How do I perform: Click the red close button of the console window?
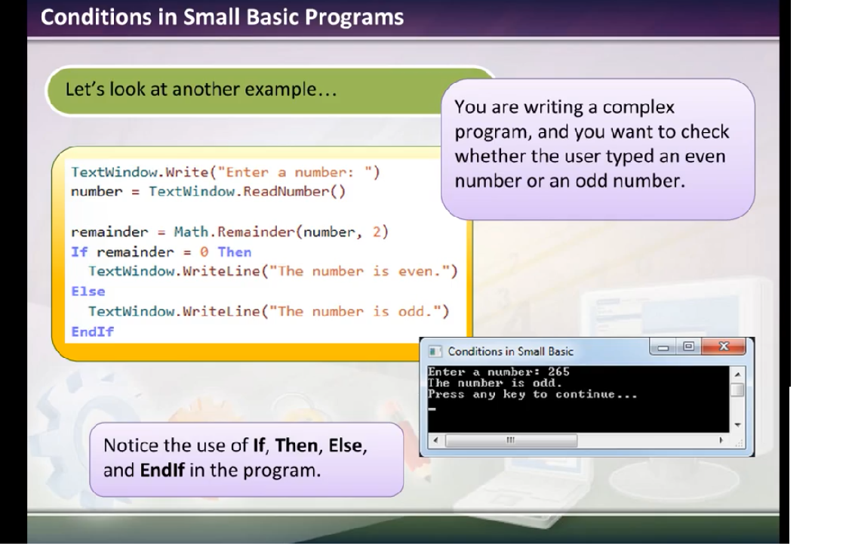click(724, 347)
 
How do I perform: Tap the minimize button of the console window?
click(663, 347)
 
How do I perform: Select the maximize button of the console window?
click(689, 347)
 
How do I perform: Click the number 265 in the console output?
click(558, 372)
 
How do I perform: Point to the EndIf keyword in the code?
click(93, 332)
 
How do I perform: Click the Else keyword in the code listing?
click(88, 291)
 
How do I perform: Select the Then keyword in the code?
click(235, 251)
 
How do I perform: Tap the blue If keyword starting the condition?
click(79, 251)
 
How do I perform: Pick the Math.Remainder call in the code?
click(235, 232)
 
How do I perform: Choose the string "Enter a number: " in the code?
click(294, 172)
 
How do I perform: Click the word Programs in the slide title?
click(355, 17)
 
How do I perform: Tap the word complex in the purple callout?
click(638, 107)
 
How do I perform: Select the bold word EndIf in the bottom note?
click(162, 470)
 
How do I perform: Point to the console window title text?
click(511, 351)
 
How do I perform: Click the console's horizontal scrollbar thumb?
click(511, 440)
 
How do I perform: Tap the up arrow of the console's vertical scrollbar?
click(737, 375)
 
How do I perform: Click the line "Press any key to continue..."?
click(532, 394)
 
